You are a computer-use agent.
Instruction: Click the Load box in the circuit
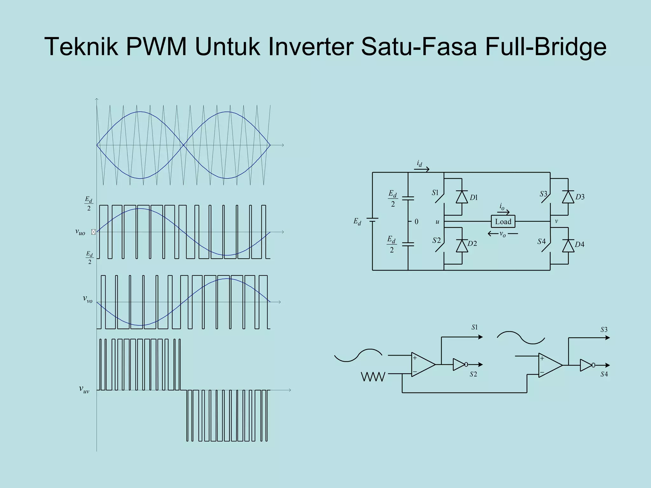click(503, 221)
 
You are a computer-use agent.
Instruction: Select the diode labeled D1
click(462, 197)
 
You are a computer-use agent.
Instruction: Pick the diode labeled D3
click(568, 197)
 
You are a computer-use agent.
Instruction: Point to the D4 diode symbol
click(568, 246)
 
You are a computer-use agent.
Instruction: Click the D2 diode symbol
click(462, 246)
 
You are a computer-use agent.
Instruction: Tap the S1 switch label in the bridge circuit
click(435, 193)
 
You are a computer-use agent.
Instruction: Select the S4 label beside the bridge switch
click(541, 242)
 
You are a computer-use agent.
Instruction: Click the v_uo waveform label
click(80, 232)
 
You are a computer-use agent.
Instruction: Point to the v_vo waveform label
click(87, 299)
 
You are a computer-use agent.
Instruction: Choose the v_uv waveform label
click(84, 389)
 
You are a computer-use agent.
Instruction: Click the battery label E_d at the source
click(357, 222)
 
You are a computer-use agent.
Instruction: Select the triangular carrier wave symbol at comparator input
click(373, 377)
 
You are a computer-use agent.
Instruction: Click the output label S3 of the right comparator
click(604, 330)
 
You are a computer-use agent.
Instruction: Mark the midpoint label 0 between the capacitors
click(416, 222)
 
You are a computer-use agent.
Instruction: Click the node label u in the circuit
click(437, 222)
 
